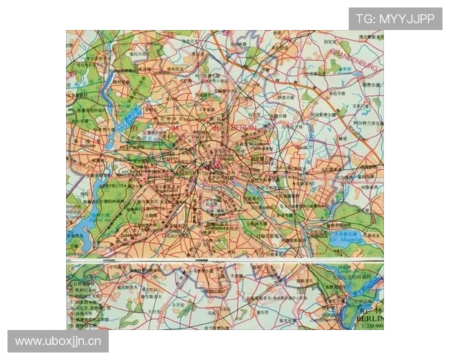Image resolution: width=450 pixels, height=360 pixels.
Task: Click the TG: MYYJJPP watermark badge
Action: click(394, 19)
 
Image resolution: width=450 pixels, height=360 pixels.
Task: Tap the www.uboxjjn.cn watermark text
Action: click(58, 341)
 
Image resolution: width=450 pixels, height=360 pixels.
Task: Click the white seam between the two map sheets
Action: click(225, 260)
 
